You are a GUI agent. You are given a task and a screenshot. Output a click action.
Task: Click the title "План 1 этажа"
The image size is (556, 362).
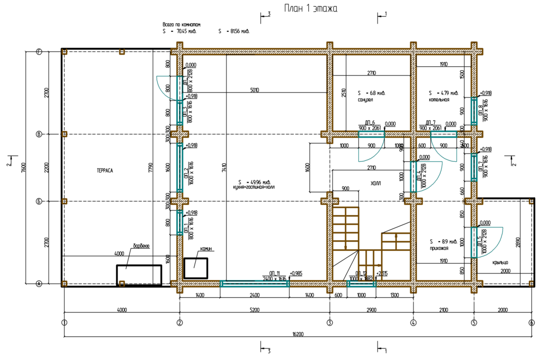click(310, 9)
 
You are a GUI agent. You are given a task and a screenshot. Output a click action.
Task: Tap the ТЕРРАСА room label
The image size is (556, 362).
click(105, 171)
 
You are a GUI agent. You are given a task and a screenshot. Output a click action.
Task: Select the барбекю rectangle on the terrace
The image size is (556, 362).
click(139, 276)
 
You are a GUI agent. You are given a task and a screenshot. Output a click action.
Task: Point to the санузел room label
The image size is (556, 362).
click(365, 100)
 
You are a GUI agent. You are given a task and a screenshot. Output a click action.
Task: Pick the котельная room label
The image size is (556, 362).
click(439, 100)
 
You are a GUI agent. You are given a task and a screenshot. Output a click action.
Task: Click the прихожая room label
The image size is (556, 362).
click(439, 248)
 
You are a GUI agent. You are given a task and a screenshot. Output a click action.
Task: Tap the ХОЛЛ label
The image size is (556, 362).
click(376, 184)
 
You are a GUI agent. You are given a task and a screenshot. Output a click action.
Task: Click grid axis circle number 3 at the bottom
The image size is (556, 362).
click(330, 323)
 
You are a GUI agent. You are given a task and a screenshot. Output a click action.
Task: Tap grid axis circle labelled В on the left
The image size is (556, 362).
click(38, 134)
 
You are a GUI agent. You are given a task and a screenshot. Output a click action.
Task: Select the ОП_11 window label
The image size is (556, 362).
click(274, 273)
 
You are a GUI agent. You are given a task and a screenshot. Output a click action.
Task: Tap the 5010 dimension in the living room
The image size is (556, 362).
click(254, 90)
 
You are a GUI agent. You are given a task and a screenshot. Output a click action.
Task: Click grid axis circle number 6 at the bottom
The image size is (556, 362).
click(531, 323)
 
